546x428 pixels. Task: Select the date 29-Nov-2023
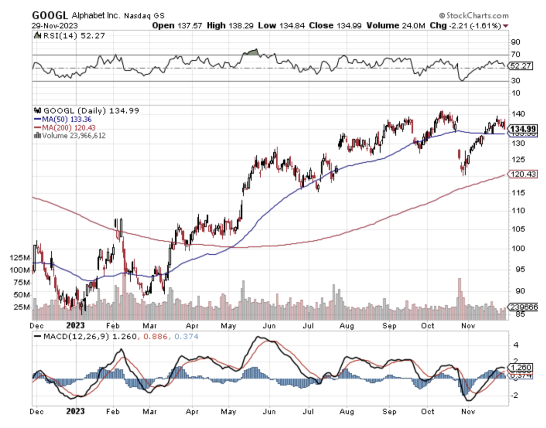pos(53,26)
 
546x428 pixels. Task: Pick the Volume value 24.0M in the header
pos(414,26)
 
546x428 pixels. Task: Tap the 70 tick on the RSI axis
pos(516,54)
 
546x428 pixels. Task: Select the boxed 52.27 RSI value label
pos(520,66)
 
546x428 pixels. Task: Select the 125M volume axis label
pos(20,257)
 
